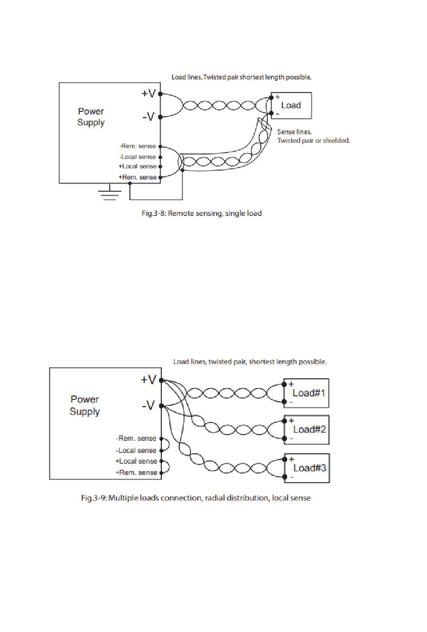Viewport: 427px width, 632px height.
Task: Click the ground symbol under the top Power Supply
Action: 110,193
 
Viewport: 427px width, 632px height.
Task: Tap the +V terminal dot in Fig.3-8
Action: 160,94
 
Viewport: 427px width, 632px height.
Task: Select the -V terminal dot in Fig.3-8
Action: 160,117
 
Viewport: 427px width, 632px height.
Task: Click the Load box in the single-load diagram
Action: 291,105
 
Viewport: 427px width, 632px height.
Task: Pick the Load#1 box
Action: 307,393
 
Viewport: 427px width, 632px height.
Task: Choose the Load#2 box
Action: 307,430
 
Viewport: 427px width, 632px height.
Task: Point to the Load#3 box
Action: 307,468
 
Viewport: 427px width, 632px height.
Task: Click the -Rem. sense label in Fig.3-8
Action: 138,146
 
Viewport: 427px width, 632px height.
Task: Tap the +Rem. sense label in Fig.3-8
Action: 138,177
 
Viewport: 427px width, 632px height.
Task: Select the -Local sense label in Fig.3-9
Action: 136,450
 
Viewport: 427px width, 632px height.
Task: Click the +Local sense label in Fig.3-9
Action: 136,461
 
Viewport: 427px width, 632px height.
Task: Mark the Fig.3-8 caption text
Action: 202,213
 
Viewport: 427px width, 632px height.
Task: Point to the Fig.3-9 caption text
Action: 196,498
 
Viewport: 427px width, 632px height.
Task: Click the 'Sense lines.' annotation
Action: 294,132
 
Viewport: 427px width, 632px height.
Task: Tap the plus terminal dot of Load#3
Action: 285,460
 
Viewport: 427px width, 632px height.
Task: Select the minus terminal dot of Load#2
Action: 285,439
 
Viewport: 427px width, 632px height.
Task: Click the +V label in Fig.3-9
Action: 148,379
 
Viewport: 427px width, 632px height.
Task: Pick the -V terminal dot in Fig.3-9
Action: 161,406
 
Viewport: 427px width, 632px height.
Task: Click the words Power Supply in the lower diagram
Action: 85,405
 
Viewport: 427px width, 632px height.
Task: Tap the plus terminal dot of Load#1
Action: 284,384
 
